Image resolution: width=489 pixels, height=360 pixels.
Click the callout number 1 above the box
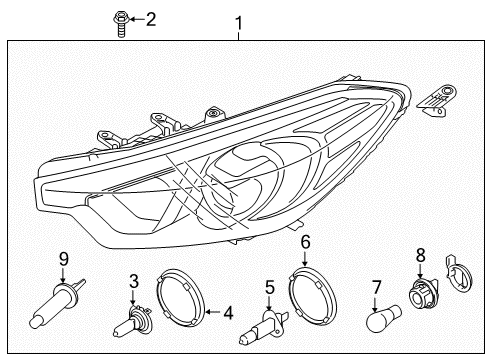click(x=238, y=21)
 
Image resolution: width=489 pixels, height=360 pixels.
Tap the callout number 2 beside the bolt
click(x=151, y=18)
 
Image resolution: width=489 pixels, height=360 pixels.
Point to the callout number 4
click(x=228, y=313)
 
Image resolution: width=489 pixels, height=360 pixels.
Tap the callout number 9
click(x=63, y=259)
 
